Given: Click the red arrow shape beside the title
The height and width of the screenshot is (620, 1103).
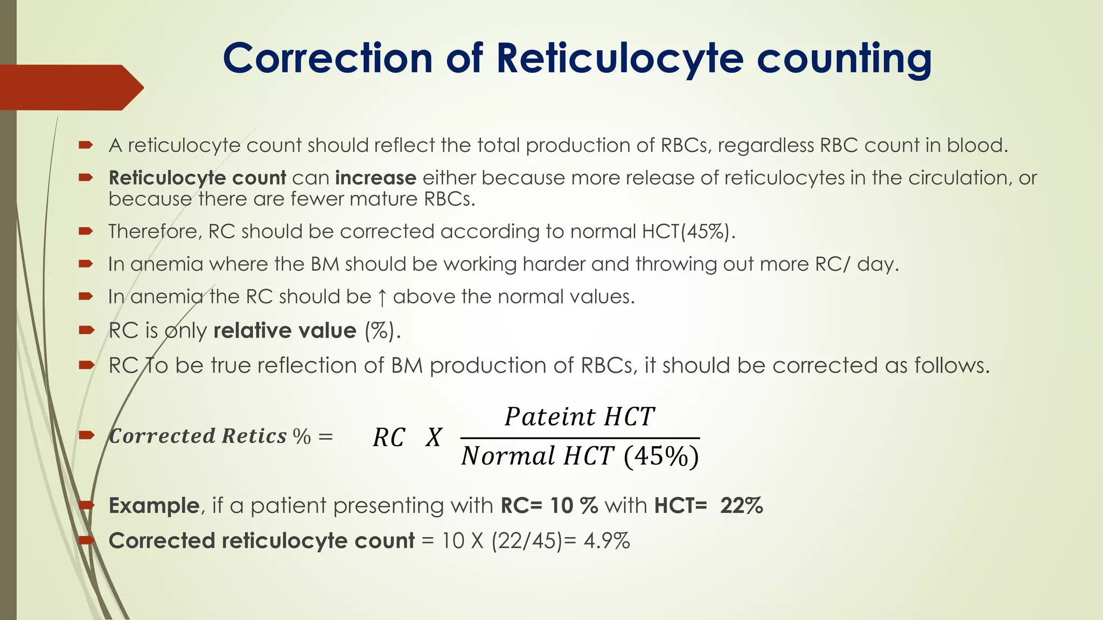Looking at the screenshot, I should tap(70, 87).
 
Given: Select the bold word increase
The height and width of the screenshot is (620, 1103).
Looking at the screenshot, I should tap(375, 178).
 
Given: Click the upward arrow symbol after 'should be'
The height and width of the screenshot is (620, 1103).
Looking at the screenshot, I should tap(382, 297).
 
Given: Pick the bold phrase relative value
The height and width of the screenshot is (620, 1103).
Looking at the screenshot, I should tap(285, 330).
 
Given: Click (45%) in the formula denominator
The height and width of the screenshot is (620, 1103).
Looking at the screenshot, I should tap(661, 456).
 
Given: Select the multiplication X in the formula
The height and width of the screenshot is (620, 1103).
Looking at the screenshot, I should tap(434, 437).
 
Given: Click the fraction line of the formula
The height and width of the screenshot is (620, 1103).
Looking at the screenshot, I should tap(580, 438).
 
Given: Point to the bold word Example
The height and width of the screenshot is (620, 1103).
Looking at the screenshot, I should tap(154, 506).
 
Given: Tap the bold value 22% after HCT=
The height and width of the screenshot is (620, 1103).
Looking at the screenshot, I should tap(742, 506).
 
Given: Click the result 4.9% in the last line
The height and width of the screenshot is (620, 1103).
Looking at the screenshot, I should tap(607, 541).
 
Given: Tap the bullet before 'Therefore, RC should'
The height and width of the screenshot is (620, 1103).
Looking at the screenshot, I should tap(86, 231).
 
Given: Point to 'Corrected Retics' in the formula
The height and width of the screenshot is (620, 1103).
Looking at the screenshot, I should tap(198, 436).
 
